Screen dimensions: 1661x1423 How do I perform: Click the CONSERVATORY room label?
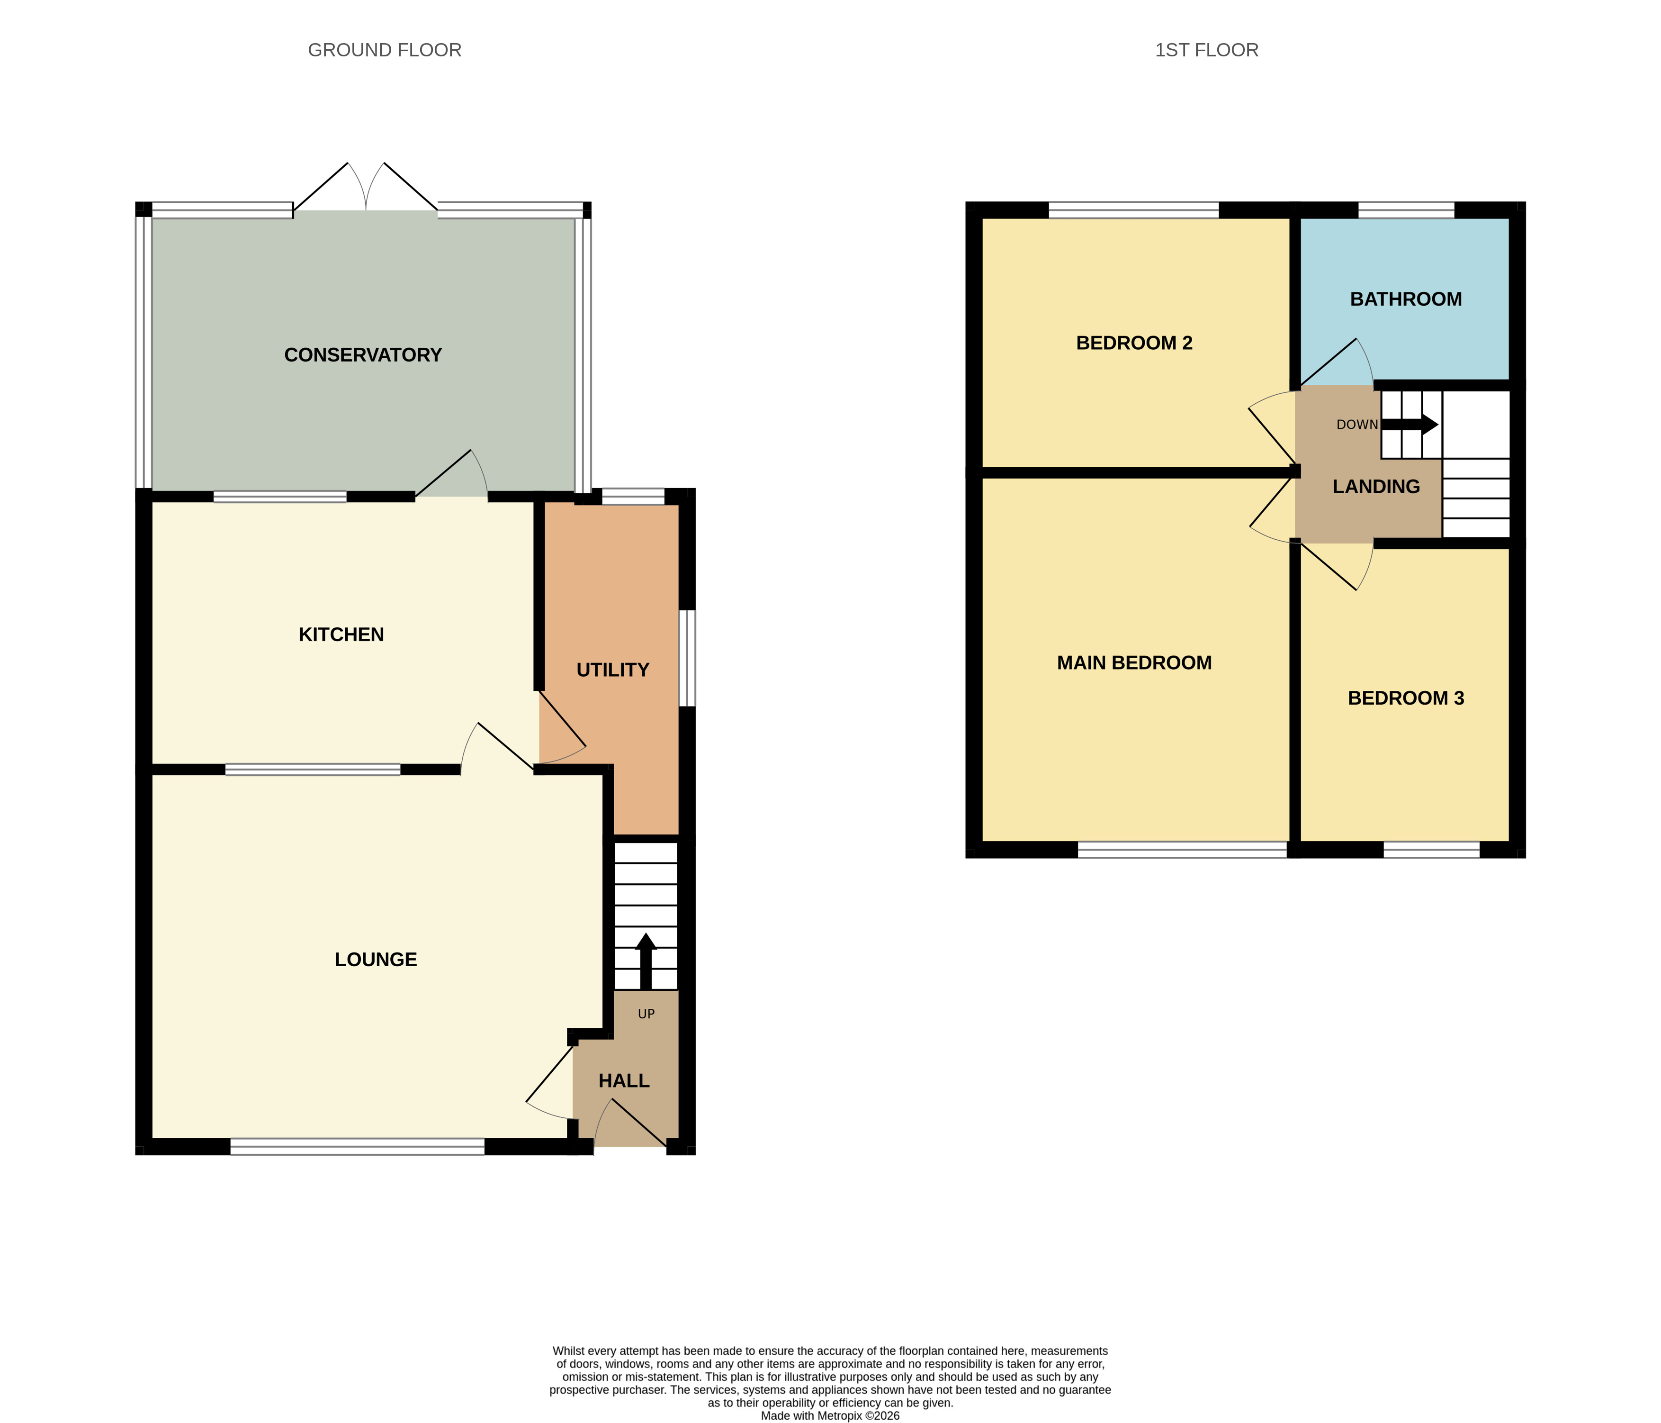tap(363, 354)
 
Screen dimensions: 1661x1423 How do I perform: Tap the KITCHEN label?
tap(341, 634)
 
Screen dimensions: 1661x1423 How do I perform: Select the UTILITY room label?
tap(613, 670)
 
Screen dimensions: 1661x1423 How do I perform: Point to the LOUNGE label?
tap(376, 960)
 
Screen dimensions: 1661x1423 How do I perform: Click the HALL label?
tap(625, 1080)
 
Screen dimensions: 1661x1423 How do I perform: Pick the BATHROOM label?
tap(1406, 299)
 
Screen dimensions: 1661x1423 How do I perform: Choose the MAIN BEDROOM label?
tap(1134, 662)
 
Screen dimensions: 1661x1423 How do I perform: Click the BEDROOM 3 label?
tap(1406, 698)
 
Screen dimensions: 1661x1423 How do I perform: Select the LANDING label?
tap(1376, 486)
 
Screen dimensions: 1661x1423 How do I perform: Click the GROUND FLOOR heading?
tap(385, 50)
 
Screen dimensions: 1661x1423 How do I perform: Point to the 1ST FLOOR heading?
tap(1207, 50)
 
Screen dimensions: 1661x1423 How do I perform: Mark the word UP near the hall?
tap(646, 1014)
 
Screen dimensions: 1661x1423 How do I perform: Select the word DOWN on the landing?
tap(1357, 424)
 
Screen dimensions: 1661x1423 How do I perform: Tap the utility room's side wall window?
tap(687, 659)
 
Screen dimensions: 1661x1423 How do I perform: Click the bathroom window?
tap(1406, 210)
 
